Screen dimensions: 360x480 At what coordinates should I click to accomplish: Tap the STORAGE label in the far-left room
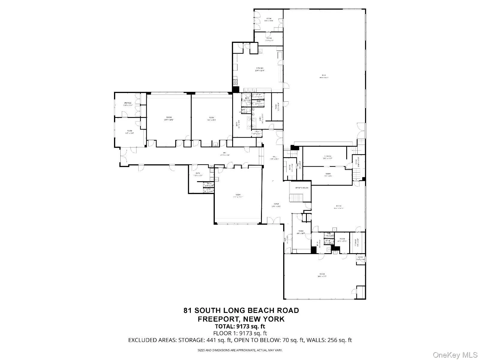[128, 103]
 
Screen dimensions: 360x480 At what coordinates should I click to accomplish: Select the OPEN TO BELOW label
[302, 188]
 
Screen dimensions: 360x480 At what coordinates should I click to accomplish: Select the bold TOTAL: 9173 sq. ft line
[240, 326]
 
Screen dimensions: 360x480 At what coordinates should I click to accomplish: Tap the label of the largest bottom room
[322, 274]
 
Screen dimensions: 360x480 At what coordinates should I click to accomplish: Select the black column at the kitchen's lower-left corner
[235, 89]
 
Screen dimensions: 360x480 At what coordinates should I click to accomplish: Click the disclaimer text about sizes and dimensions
[240, 350]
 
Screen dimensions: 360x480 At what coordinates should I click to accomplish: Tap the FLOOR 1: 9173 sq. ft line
[240, 333]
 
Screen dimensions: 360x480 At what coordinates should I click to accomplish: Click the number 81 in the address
[188, 310]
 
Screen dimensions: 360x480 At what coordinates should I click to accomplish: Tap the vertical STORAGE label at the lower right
[355, 242]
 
